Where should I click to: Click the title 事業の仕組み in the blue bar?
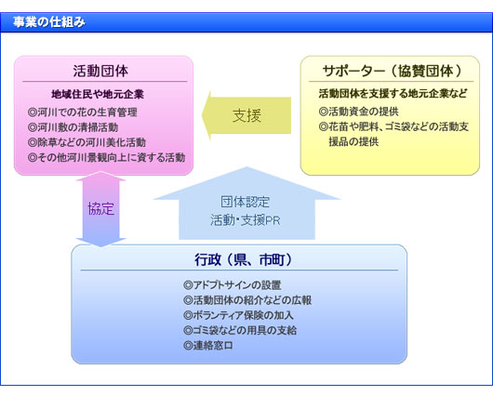click(49, 22)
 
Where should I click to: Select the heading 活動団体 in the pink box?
click(100, 71)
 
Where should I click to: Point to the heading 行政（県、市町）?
click(243, 259)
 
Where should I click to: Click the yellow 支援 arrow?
click(246, 115)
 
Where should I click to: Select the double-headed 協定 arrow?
click(101, 209)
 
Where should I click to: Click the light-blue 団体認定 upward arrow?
click(246, 204)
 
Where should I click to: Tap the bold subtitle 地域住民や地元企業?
click(98, 94)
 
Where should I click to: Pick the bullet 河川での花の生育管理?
click(83, 112)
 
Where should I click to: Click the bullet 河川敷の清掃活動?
click(73, 127)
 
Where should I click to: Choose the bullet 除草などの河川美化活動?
click(87, 142)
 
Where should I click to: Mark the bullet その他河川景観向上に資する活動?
click(106, 157)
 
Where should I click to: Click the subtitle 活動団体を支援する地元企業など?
click(393, 94)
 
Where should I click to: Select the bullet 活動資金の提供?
click(359, 112)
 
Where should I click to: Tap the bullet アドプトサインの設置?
click(232, 285)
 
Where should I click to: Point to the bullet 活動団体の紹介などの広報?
click(247, 300)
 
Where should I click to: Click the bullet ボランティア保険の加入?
click(238, 315)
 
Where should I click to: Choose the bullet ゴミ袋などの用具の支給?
click(240, 330)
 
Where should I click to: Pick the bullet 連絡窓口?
click(208, 346)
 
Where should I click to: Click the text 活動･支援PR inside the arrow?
click(246, 220)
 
